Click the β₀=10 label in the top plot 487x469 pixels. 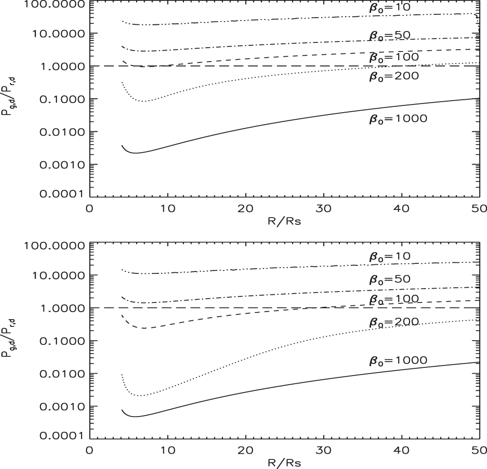point(390,9)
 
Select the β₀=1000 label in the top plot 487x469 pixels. point(397,119)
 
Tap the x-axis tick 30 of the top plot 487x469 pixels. point(324,209)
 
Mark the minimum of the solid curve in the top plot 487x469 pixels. point(136,153)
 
